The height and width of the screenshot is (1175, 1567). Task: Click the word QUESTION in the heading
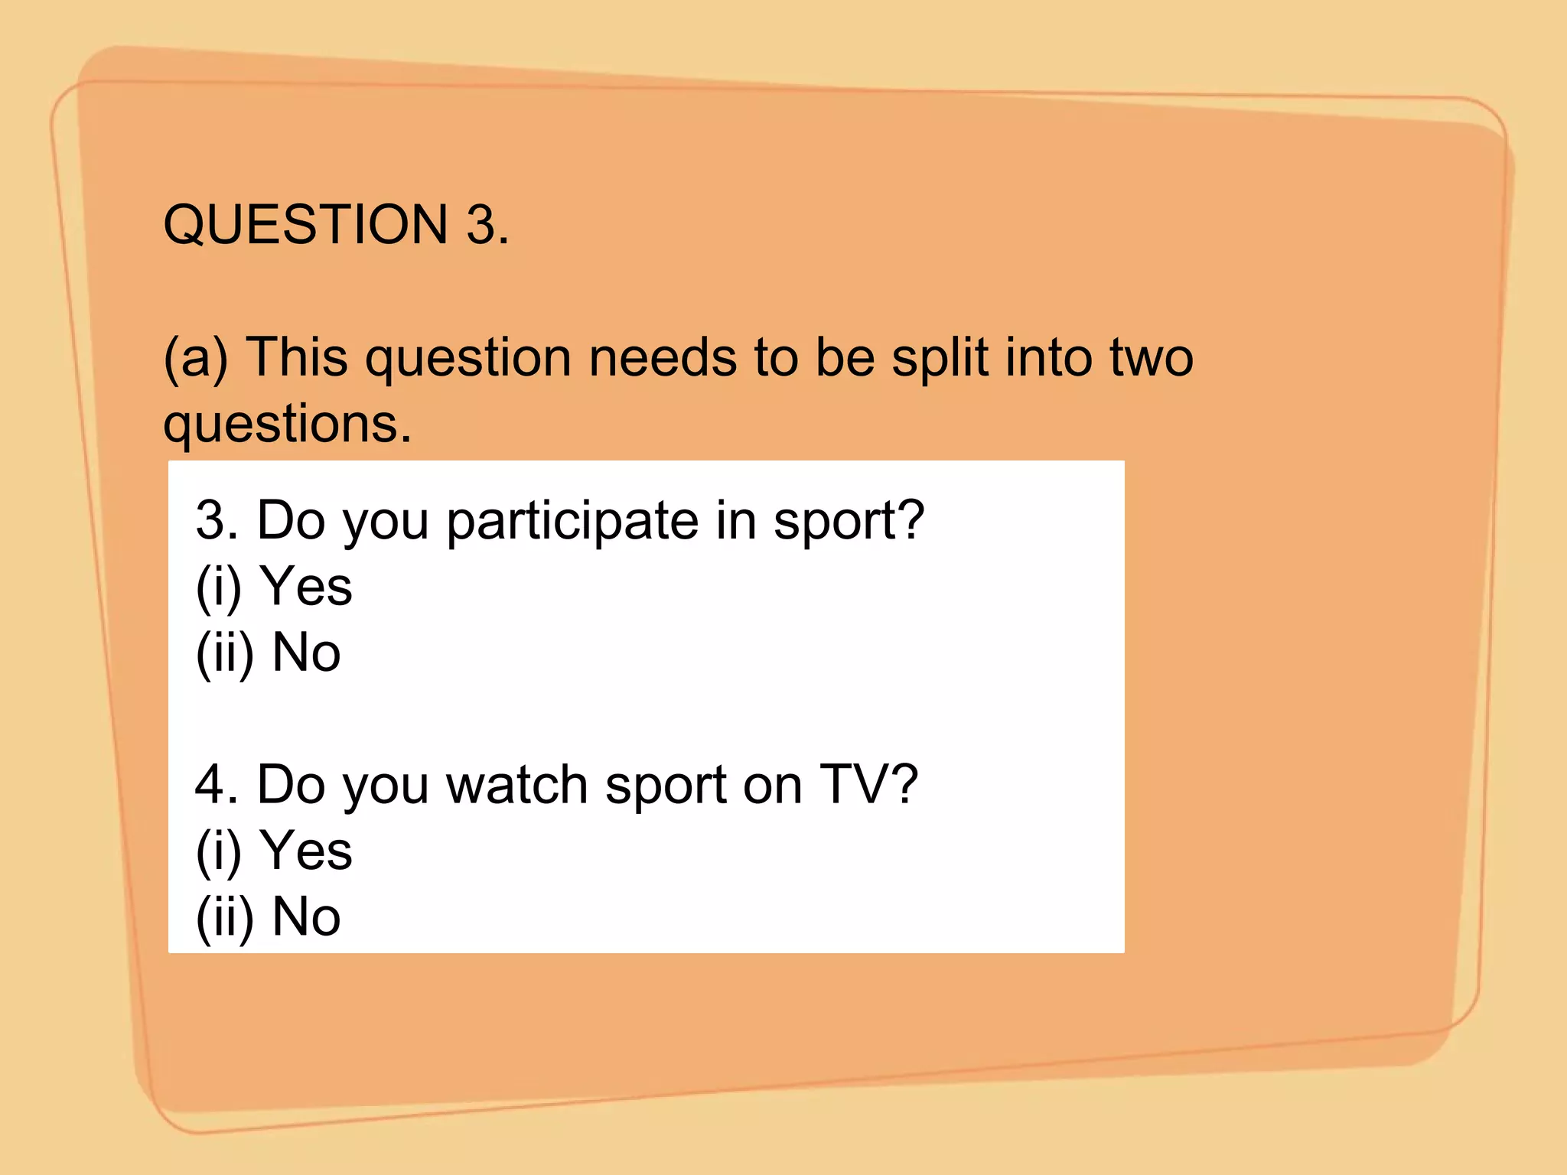[305, 225]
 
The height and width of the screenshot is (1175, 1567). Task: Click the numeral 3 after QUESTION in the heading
[482, 225]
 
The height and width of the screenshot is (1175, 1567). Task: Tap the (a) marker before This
[196, 358]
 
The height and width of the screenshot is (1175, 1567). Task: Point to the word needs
[662, 358]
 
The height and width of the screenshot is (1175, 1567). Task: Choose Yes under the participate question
[306, 587]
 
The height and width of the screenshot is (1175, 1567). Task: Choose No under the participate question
[306, 653]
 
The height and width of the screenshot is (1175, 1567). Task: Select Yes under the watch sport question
[306, 851]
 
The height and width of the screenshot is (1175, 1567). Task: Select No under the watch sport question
[306, 916]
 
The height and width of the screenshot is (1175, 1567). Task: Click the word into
[1049, 358]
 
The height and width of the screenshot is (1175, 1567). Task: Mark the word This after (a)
[297, 358]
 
